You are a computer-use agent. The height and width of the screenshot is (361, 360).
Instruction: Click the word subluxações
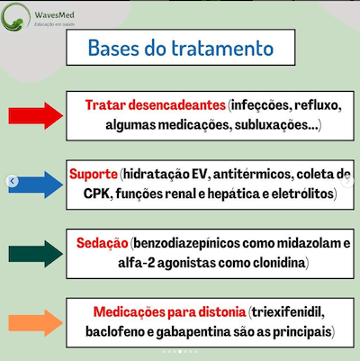pos(270,126)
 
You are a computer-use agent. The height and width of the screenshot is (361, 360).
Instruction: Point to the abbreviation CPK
pos(87,194)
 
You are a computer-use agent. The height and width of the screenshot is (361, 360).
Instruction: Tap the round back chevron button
pos(12,182)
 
